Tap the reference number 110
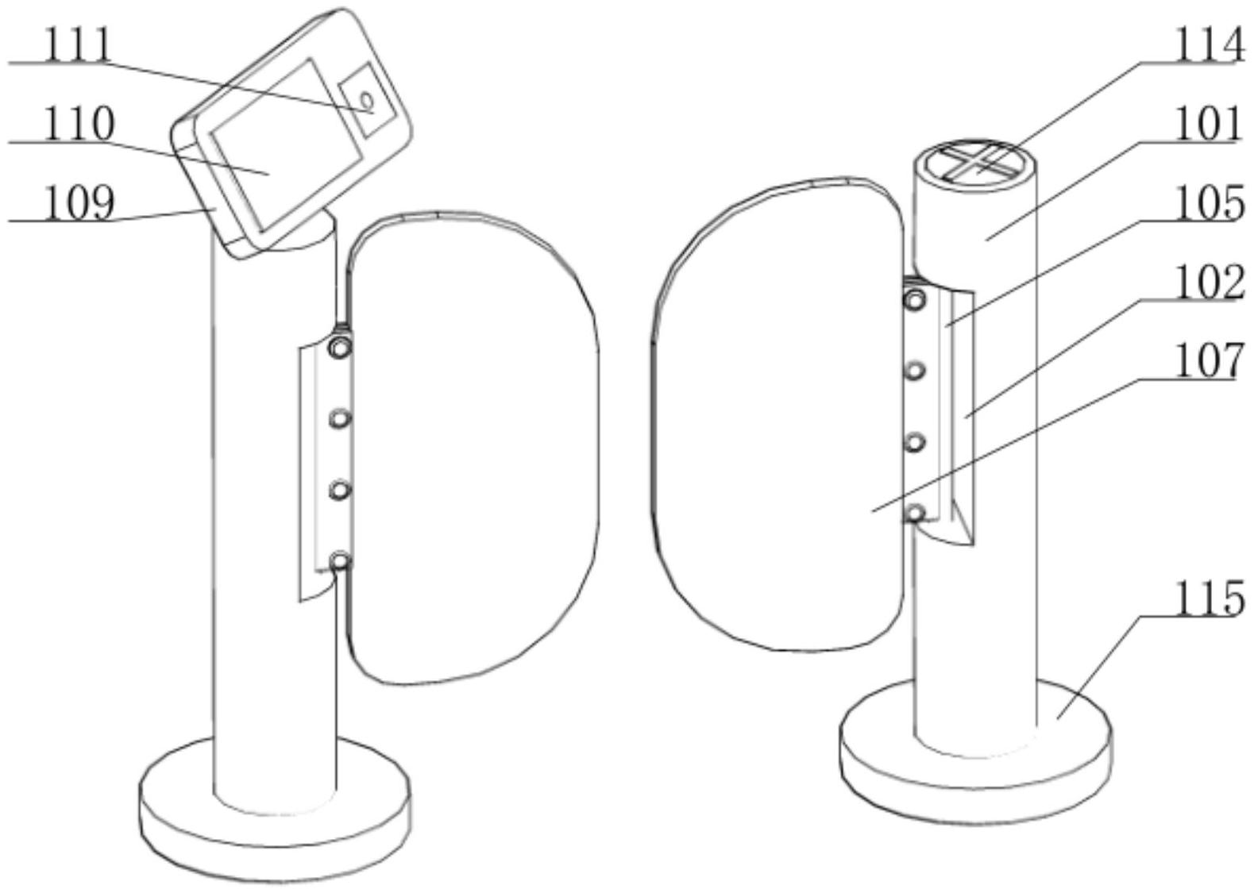point(79,123)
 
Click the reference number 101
point(1208,124)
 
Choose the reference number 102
point(1210,282)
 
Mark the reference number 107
point(1210,361)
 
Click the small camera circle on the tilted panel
point(367,100)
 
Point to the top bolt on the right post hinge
point(914,301)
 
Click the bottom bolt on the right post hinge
point(914,513)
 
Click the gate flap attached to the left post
point(473,448)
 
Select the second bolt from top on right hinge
point(914,371)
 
